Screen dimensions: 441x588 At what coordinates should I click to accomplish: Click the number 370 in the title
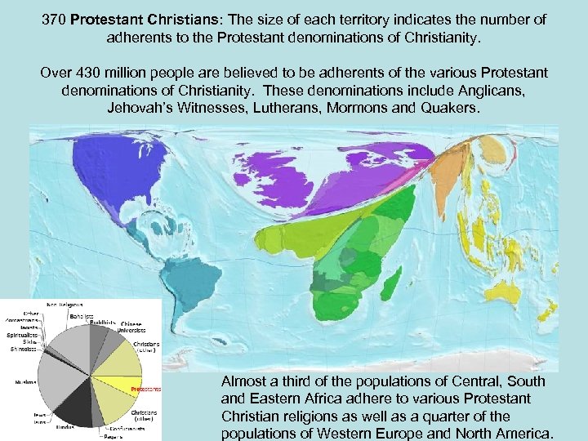pyautogui.click(x=55, y=19)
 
